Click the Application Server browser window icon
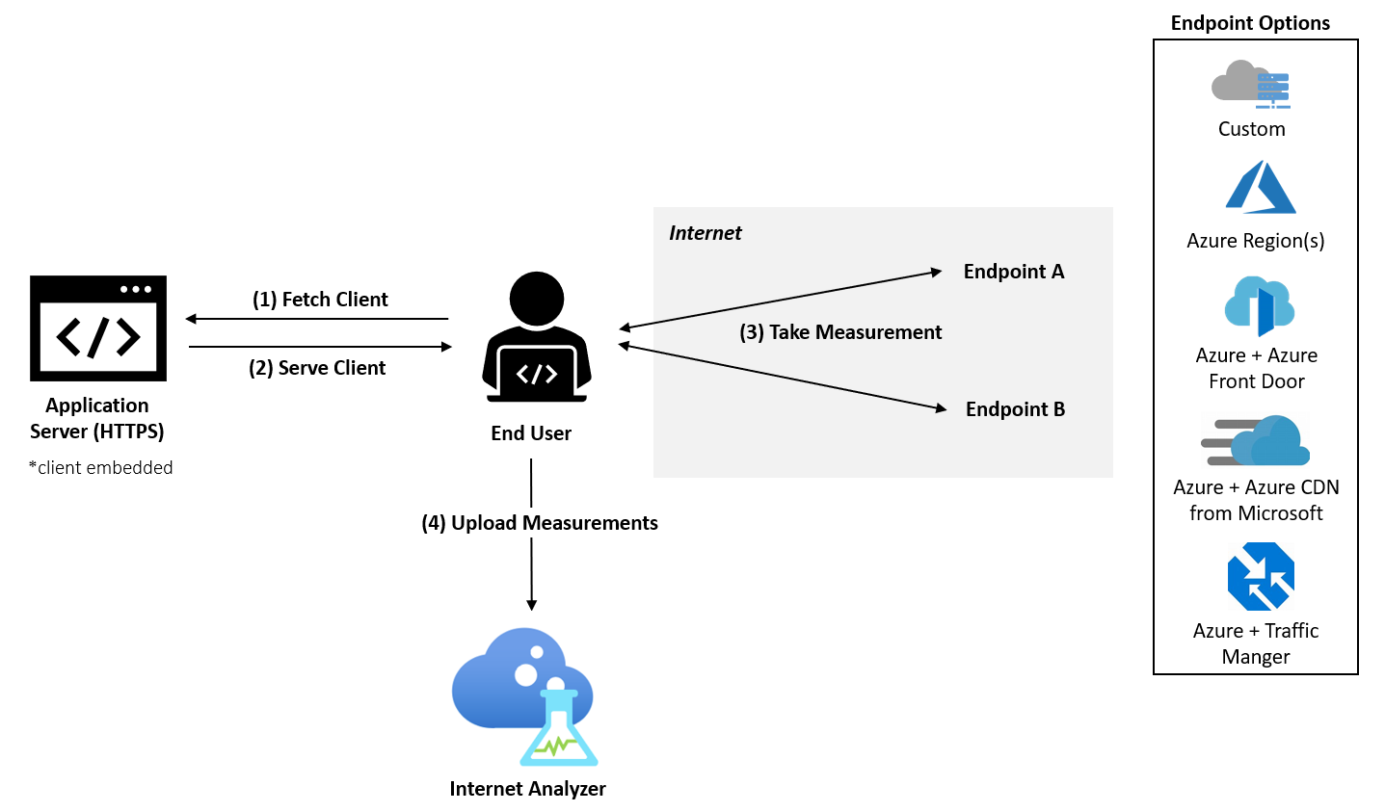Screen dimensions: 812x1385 pyautogui.click(x=98, y=328)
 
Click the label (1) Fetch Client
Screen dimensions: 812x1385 pyautogui.click(x=320, y=300)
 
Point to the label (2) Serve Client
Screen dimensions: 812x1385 pyautogui.click(x=317, y=368)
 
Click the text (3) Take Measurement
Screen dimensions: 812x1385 pyautogui.click(x=840, y=332)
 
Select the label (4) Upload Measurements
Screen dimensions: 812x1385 pyautogui.click(x=539, y=523)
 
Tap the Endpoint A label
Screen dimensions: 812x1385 pyautogui.click(x=1014, y=272)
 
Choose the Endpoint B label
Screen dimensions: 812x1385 pyautogui.click(x=1015, y=409)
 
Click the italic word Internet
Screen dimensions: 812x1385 pyautogui.click(x=705, y=233)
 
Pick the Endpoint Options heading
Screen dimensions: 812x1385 pyautogui.click(x=1250, y=23)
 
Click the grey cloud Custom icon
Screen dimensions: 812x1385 pyautogui.click(x=1251, y=84)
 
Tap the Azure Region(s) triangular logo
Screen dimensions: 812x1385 pyautogui.click(x=1260, y=187)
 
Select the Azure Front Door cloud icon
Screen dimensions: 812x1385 pyautogui.click(x=1259, y=305)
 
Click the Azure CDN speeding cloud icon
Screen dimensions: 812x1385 pyautogui.click(x=1256, y=441)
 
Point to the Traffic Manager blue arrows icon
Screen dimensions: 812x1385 pyautogui.click(x=1261, y=576)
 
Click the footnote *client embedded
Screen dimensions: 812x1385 pyautogui.click(x=101, y=468)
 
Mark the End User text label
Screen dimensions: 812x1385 pyautogui.click(x=531, y=433)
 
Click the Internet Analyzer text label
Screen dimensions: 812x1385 pyautogui.click(x=527, y=789)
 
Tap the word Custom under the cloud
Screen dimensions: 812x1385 pyautogui.click(x=1251, y=129)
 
